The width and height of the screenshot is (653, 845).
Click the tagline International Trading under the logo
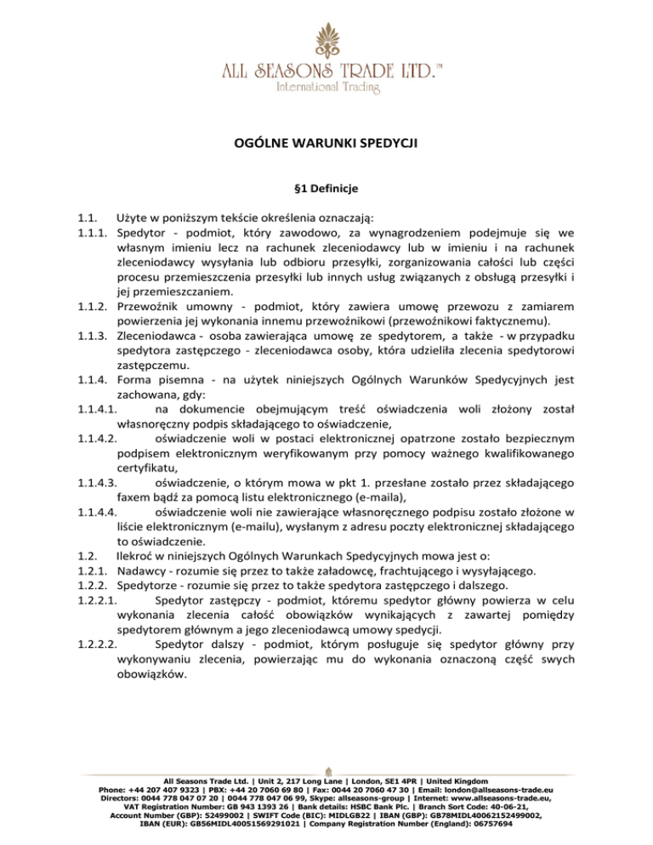[326, 87]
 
